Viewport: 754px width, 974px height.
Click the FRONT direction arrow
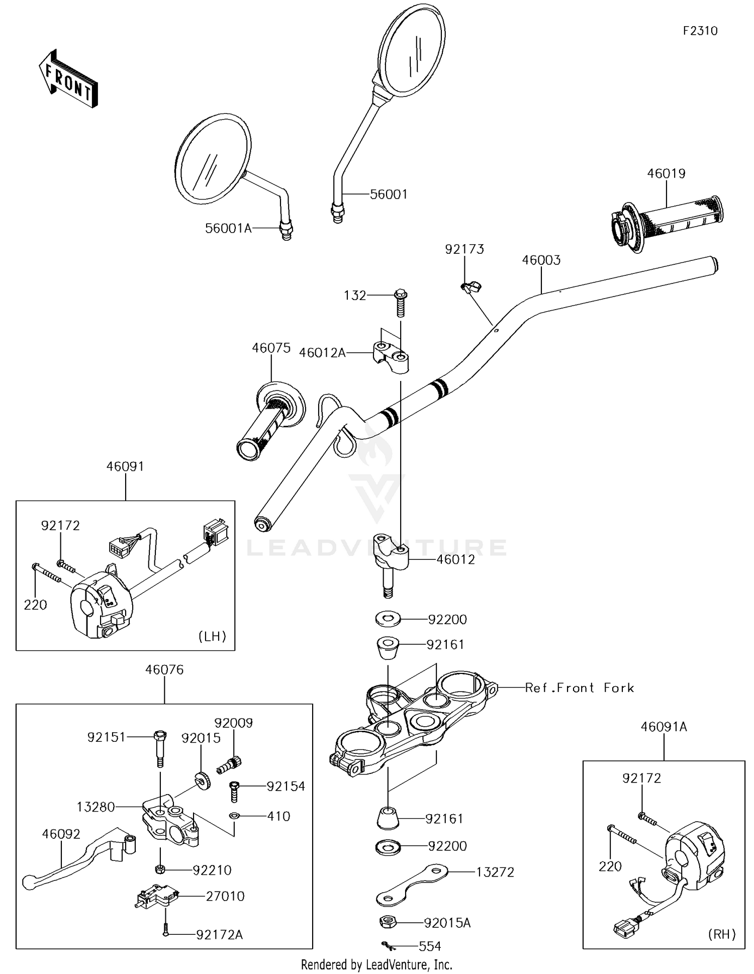68,79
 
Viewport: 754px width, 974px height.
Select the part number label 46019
666,173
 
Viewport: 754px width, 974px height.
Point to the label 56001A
228,228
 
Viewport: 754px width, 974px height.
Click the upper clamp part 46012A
391,356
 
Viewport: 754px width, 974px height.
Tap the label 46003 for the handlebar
541,260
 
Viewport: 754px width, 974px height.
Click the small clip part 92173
470,287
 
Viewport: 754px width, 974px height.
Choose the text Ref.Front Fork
579,688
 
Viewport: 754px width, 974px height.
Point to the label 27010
225,896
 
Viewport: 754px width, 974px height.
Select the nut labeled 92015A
388,922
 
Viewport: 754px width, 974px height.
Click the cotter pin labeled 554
387,946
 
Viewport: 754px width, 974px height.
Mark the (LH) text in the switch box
212,636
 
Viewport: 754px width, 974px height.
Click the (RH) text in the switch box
722,934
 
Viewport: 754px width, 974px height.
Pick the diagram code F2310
700,31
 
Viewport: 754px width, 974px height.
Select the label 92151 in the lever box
106,737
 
